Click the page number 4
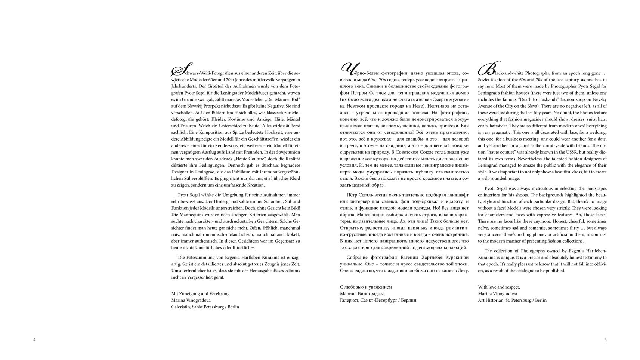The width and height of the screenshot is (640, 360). [x=34, y=340]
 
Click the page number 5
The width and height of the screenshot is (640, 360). [x=605, y=340]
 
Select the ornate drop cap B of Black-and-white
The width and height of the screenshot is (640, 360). [x=488, y=69]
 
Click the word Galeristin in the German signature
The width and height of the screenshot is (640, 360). [x=181, y=307]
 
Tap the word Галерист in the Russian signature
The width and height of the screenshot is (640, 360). [x=349, y=300]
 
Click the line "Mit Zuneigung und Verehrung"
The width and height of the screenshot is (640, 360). [x=200, y=294]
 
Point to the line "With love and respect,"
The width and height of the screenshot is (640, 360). [x=499, y=287]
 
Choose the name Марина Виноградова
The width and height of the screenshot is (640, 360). [x=362, y=294]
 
